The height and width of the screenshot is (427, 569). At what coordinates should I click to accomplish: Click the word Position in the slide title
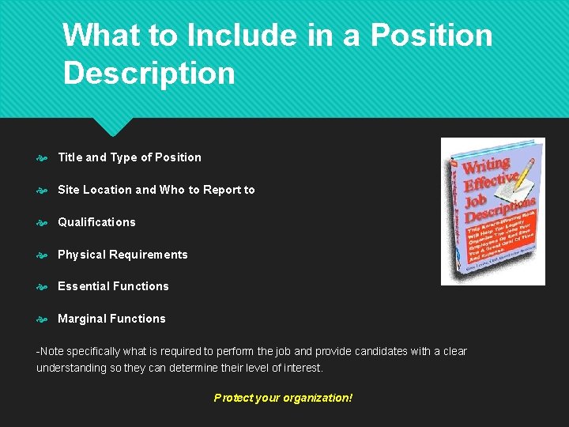[431, 35]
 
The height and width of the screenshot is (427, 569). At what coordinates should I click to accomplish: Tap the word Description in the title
[149, 73]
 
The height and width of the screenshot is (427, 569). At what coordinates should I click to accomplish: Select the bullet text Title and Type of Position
[130, 157]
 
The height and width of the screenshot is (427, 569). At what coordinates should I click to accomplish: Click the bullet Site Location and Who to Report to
[156, 190]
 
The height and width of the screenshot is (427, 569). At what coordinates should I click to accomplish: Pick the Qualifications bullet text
[96, 222]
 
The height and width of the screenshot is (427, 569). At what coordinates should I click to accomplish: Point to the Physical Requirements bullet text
[122, 255]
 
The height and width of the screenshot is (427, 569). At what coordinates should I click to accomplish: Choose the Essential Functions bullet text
[113, 286]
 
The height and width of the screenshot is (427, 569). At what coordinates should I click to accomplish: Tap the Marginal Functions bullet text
[111, 319]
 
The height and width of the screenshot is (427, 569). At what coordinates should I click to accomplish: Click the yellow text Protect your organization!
[283, 398]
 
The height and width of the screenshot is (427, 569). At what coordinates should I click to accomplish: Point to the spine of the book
[456, 213]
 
